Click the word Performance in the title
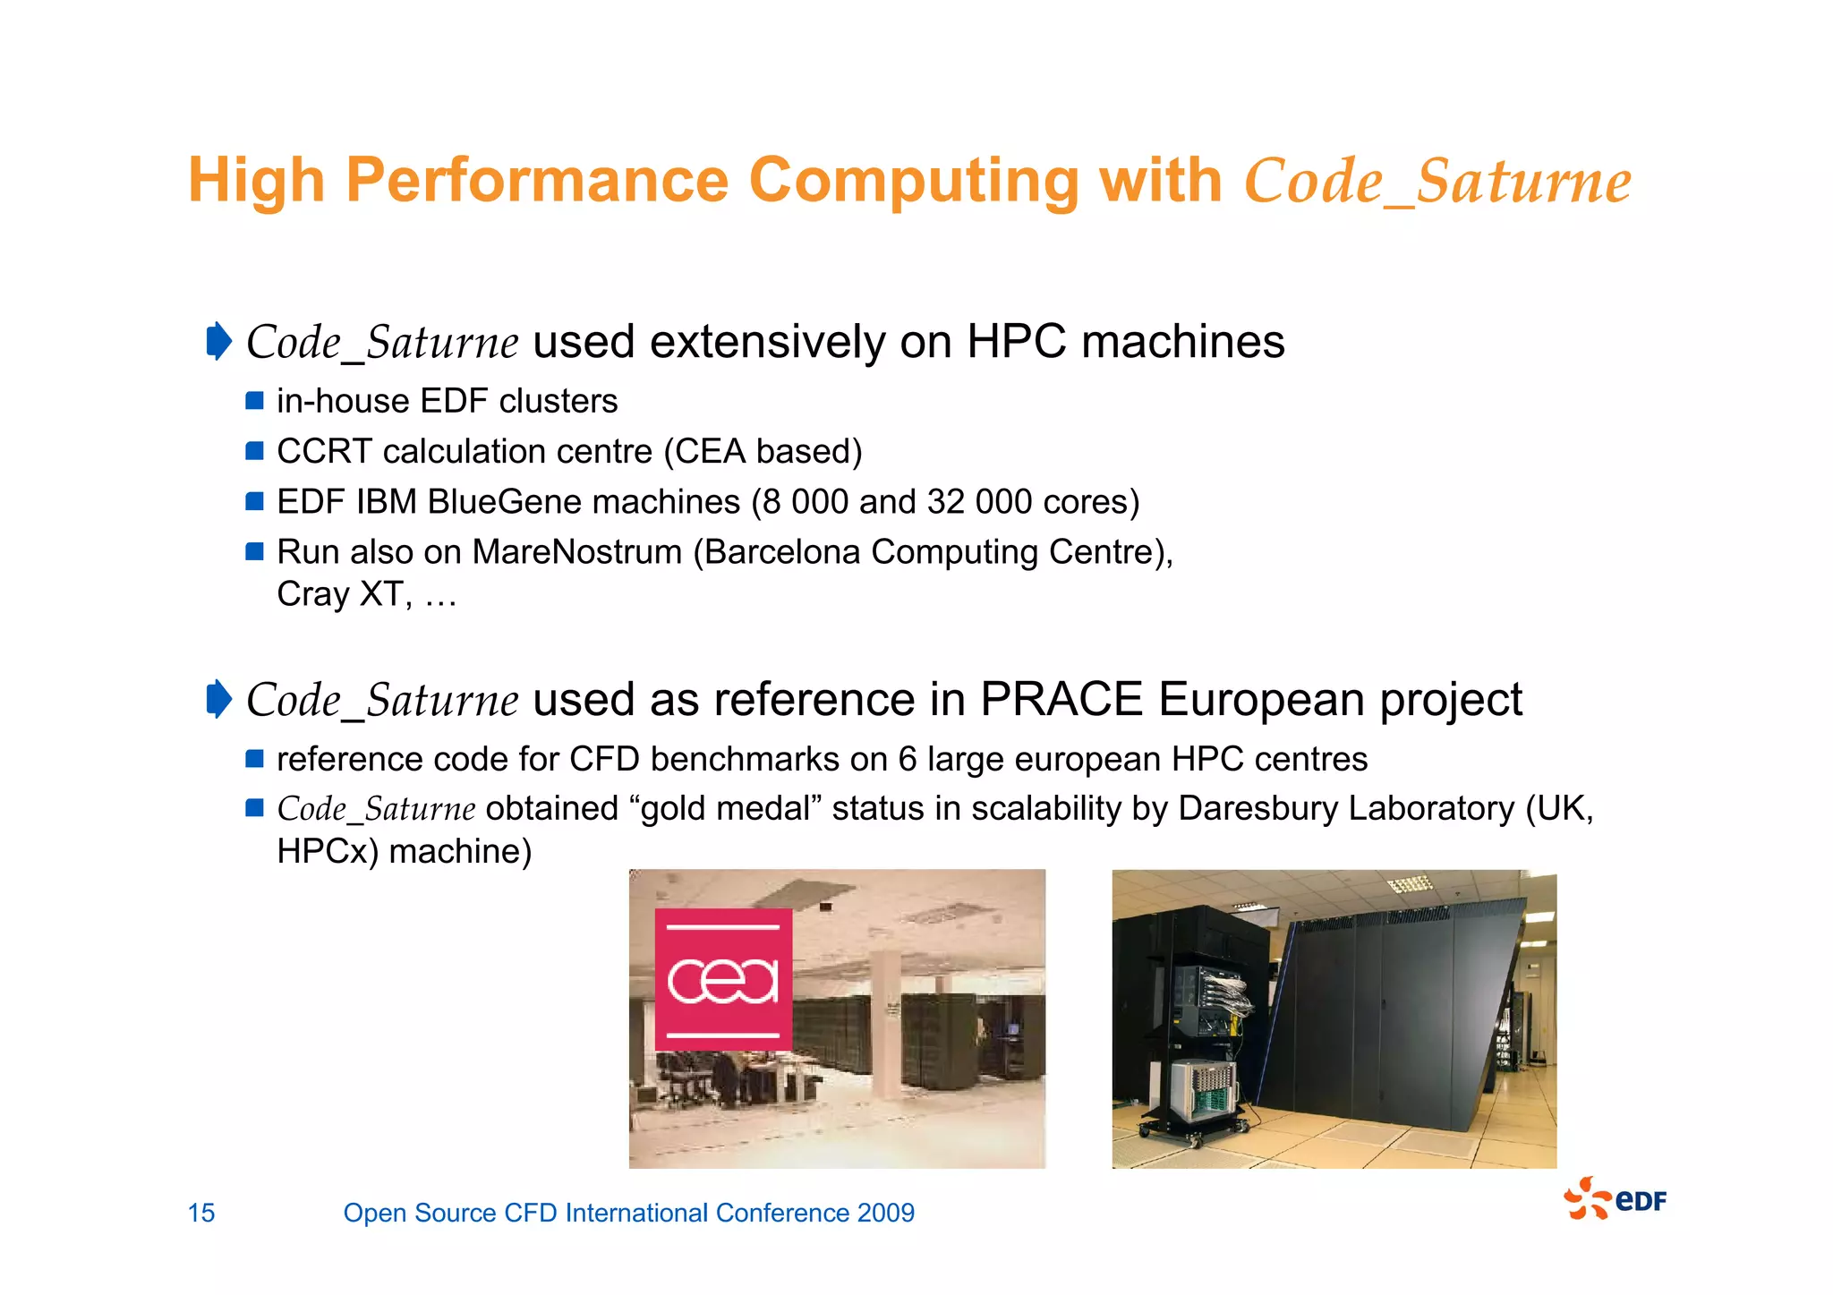tap(537, 182)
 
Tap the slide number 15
tap(201, 1213)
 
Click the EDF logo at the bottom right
tap(1615, 1199)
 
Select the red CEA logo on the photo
tap(723, 979)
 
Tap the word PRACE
tap(1061, 699)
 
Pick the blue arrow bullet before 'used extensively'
tap(218, 341)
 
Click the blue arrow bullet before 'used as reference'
tap(218, 699)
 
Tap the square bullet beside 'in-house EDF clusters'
tap(255, 400)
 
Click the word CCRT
tap(324, 452)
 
